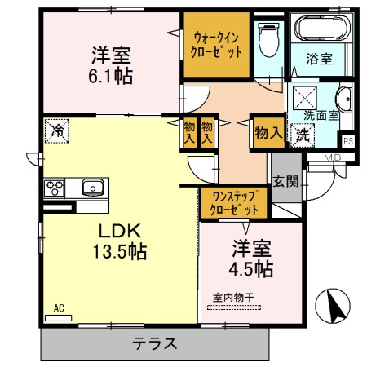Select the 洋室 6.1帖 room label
tap(112, 66)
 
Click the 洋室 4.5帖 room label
tap(251, 257)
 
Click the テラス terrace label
tap(155, 343)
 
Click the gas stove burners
tap(55, 189)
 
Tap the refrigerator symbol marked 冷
tap(58, 129)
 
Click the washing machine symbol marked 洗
tap(303, 134)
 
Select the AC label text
tap(58, 307)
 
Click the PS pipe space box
tap(348, 140)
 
